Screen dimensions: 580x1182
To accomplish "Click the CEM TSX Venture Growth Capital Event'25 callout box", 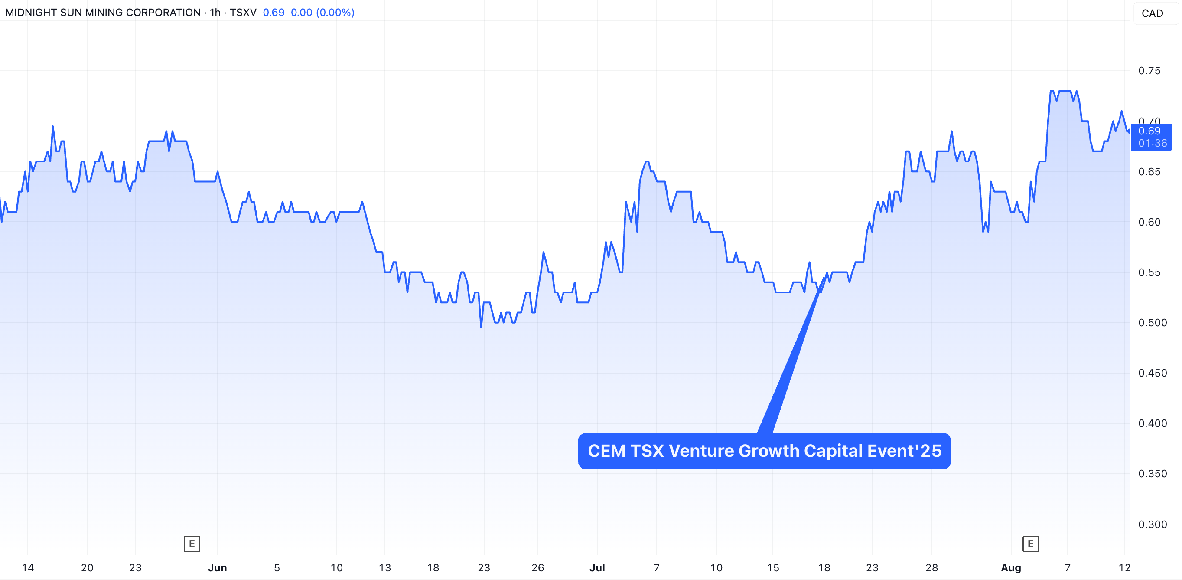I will point(764,451).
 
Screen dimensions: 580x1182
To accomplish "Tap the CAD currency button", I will point(1152,13).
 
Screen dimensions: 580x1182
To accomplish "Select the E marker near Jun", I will point(192,544).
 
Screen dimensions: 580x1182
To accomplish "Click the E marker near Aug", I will point(1030,544).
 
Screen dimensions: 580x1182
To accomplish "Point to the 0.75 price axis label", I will point(1149,71).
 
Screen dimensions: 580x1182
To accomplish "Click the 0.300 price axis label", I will point(1152,524).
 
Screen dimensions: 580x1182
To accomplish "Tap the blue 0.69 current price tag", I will point(1151,136).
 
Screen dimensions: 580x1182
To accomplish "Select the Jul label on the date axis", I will point(597,567).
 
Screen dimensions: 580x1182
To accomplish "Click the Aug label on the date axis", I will point(1011,567).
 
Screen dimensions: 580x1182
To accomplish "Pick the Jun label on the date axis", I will point(217,567).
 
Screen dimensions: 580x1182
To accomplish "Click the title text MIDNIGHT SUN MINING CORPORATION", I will point(103,13).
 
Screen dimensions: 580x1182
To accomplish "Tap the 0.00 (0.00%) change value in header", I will point(322,13).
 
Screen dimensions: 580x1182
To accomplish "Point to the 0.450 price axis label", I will point(1152,373).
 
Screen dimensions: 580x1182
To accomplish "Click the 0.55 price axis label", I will point(1149,272).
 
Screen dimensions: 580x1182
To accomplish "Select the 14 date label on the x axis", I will point(28,567).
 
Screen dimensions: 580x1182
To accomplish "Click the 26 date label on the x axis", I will point(537,567).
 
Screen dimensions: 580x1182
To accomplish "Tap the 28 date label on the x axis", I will point(931,567).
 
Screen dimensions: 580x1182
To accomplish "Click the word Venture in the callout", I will point(701,451).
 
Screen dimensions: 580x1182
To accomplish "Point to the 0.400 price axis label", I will point(1152,423).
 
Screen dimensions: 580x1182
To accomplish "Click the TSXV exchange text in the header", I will point(243,13).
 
